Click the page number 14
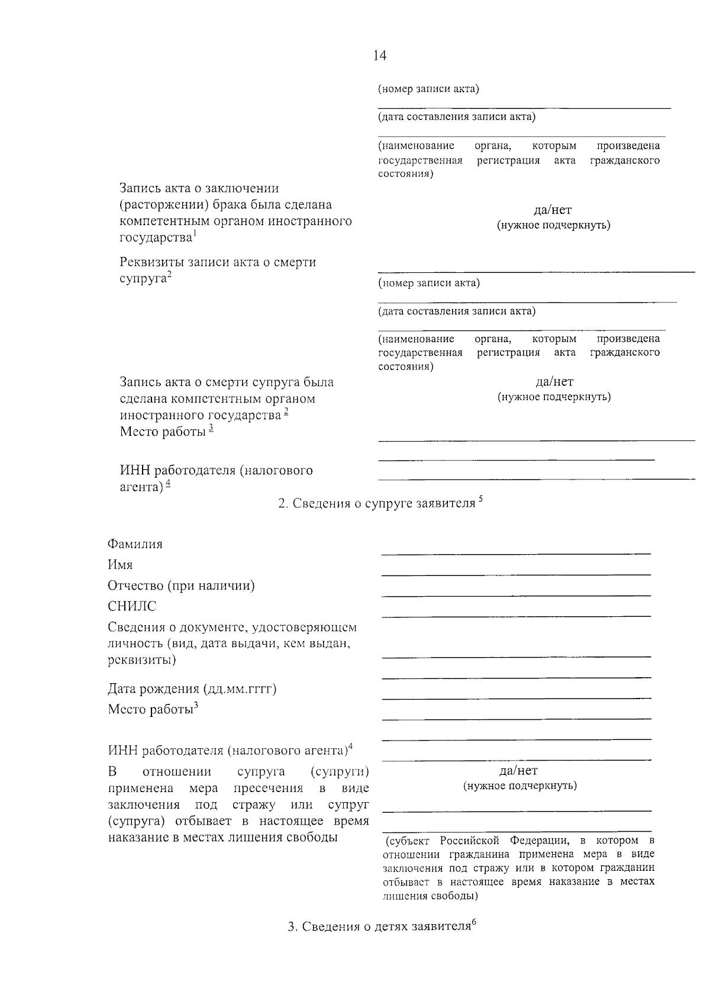coord(380,56)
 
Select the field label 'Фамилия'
coord(135,544)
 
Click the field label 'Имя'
coord(120,565)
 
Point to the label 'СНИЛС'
coord(132,606)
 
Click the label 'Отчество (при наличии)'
coord(181,585)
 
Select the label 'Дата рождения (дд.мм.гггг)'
coord(192,688)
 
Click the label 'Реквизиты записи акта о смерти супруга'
coord(218,269)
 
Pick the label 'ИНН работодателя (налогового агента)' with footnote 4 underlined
coord(216,478)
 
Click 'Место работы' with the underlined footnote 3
coord(166,432)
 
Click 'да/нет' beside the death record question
coord(554,382)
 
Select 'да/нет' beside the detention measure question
coord(519,770)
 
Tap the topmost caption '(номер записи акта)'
coord(428,89)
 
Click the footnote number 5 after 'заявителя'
coord(480,498)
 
